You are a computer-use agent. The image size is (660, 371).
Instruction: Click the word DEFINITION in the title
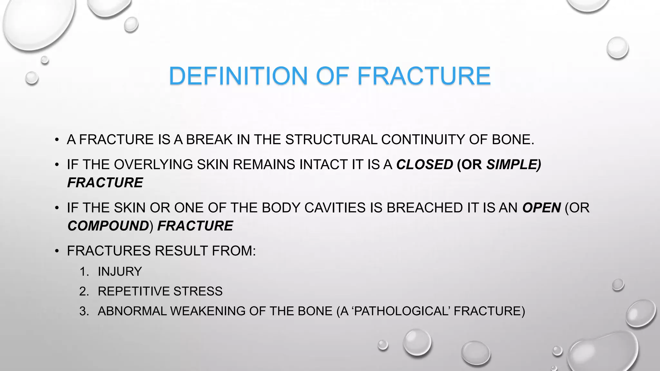click(x=238, y=76)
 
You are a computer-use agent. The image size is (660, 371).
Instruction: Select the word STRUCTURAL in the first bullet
click(x=331, y=140)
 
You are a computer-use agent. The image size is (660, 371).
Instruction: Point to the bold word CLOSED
click(x=424, y=165)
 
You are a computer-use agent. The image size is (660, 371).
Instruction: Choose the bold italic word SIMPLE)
click(x=513, y=165)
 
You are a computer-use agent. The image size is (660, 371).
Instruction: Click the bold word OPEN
click(x=541, y=208)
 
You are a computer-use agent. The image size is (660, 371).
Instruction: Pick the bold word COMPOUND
click(x=108, y=226)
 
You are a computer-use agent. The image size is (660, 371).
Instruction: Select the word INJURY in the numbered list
click(x=120, y=271)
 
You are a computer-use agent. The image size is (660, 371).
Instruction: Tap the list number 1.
click(x=83, y=271)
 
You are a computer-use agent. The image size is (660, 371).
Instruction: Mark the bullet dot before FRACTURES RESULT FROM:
click(x=57, y=251)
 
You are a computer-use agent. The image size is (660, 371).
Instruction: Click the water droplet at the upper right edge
click(x=617, y=48)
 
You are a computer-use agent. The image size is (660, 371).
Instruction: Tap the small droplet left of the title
click(x=32, y=78)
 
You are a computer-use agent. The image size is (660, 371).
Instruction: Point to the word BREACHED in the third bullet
click(x=424, y=208)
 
